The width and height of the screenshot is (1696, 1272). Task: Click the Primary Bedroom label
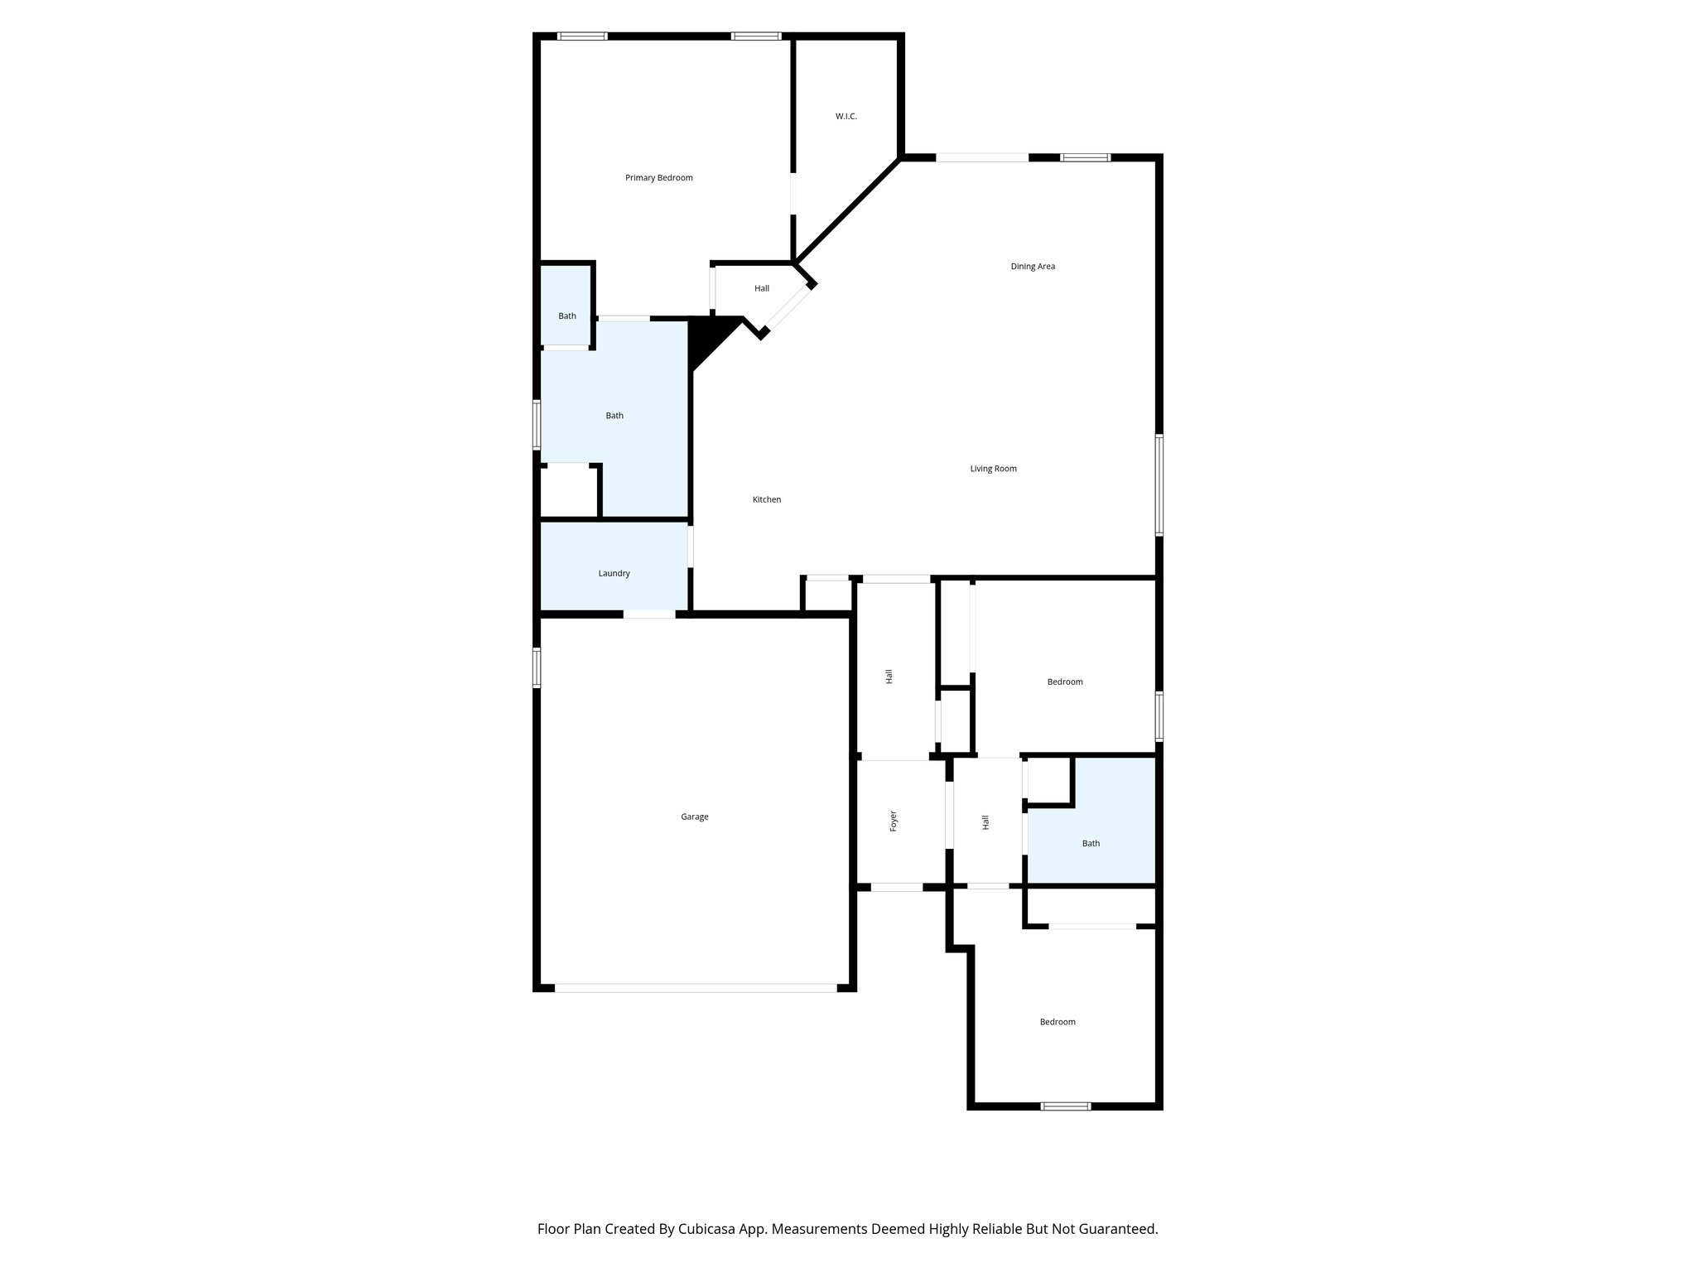tap(658, 178)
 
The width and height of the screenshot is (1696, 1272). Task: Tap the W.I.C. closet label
tap(846, 117)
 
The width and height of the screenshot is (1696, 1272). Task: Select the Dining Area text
tap(1033, 267)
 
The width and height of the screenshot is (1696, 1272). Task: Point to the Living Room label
tap(993, 469)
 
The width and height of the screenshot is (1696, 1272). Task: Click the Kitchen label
tap(766, 500)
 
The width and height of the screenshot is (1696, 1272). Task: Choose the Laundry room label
tap(614, 574)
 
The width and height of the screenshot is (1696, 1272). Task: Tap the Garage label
tap(694, 817)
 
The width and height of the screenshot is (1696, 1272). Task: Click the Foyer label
tap(893, 821)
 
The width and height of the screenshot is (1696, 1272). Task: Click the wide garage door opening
tap(696, 987)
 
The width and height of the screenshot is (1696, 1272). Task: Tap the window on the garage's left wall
tap(537, 667)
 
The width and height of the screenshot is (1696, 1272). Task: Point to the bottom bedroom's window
tap(1065, 1106)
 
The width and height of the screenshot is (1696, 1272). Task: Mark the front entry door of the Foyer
tap(896, 887)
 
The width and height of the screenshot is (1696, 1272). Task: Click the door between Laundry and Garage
tap(649, 614)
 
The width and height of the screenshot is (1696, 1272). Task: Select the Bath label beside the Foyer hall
tap(1091, 844)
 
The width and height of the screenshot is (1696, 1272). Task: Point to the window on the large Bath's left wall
tap(537, 424)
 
